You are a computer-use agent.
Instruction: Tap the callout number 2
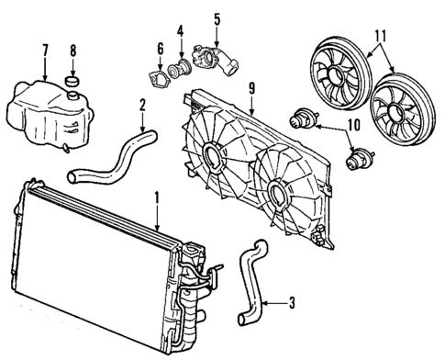(x=141, y=107)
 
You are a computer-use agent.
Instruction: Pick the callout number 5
(x=217, y=18)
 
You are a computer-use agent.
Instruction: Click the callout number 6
(x=160, y=49)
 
